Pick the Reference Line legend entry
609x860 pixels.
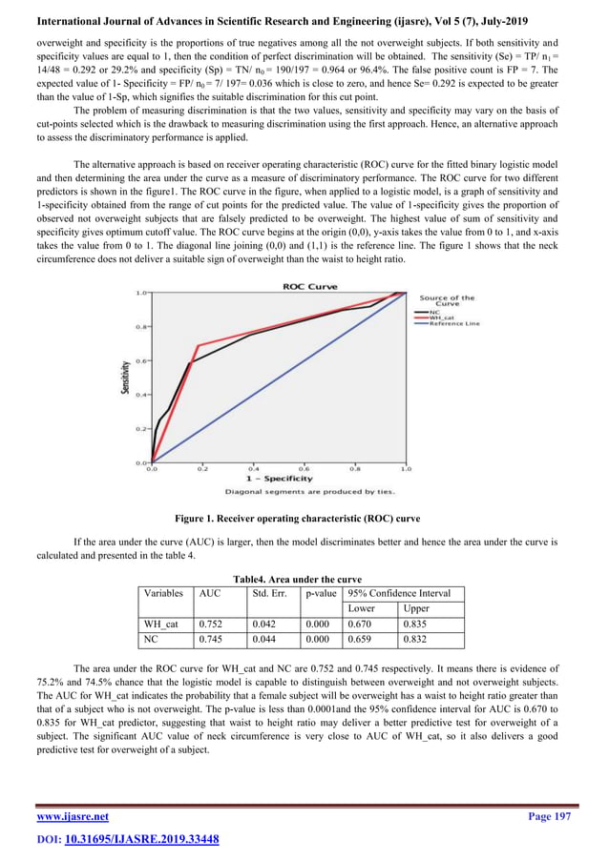457,324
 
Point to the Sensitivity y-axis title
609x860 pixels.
125,377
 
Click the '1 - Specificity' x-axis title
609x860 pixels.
278,478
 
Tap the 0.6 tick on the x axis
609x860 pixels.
304,468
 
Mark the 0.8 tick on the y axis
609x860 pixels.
140,327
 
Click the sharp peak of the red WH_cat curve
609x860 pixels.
198,345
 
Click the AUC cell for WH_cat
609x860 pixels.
211,625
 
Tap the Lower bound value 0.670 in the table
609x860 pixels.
360,625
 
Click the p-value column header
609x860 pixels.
319,593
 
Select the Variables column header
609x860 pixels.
163,593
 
